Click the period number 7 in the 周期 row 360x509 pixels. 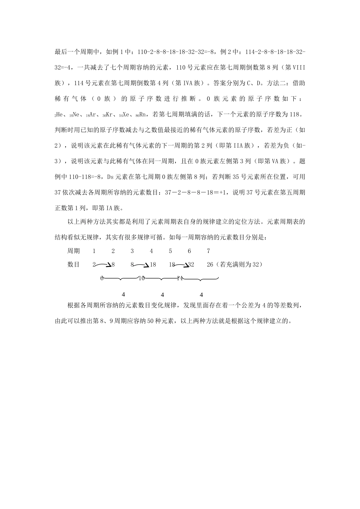tap(208, 251)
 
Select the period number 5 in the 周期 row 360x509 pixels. tap(170, 251)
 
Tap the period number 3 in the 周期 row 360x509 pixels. tap(132, 251)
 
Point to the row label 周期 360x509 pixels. tap(74, 251)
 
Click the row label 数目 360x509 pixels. tap(74, 265)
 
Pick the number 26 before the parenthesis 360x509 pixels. tap(210, 265)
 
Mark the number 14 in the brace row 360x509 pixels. tap(180, 278)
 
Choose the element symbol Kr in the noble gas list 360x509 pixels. tap(111, 114)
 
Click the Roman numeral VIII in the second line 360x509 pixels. tap(299, 67)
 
